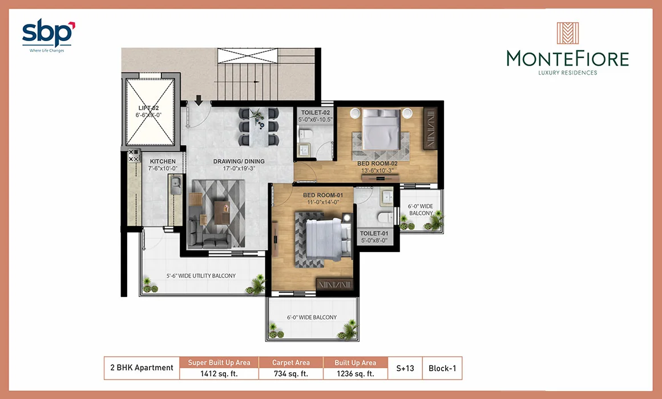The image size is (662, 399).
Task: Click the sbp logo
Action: (48, 35)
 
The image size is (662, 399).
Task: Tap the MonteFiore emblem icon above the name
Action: (567, 33)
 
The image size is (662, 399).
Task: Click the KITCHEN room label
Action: (163, 161)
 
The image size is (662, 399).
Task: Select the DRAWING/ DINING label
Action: (239, 161)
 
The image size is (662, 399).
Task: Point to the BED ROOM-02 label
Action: (377, 163)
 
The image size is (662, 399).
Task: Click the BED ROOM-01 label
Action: (323, 196)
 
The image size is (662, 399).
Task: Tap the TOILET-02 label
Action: (316, 113)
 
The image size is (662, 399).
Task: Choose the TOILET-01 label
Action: (374, 233)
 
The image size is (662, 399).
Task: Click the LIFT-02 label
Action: (148, 108)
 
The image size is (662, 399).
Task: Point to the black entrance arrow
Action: (199, 100)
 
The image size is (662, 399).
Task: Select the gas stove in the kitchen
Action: (134, 155)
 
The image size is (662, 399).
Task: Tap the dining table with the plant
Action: (258, 126)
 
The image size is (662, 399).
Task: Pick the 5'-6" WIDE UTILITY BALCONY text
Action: (201, 276)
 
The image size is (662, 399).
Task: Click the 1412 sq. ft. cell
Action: (219, 374)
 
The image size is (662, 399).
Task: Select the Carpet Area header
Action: (291, 363)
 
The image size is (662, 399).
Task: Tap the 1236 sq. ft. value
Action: (355, 374)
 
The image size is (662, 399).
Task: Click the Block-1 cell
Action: (442, 368)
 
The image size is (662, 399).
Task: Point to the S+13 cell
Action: (405, 368)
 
